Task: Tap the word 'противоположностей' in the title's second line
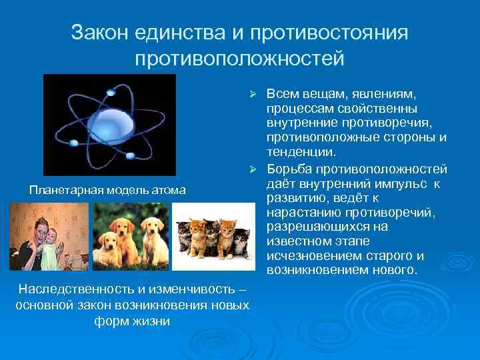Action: (240, 57)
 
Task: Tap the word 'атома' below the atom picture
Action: (167, 191)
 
